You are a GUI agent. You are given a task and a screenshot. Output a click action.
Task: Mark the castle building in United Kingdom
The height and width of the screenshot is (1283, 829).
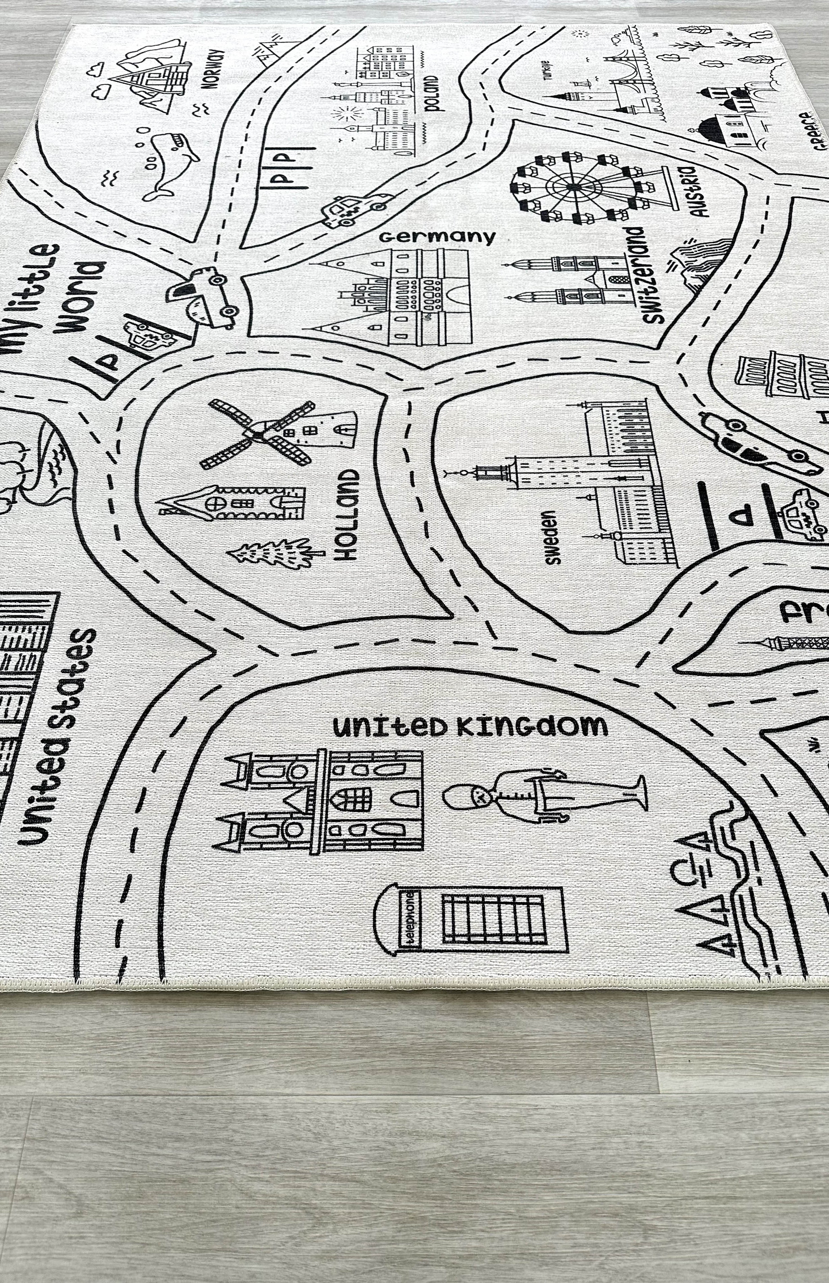pos(320,802)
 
